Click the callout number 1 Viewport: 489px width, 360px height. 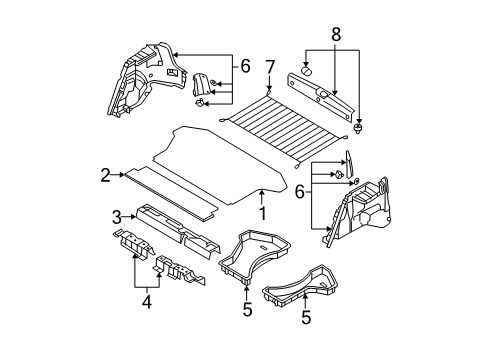click(262, 214)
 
